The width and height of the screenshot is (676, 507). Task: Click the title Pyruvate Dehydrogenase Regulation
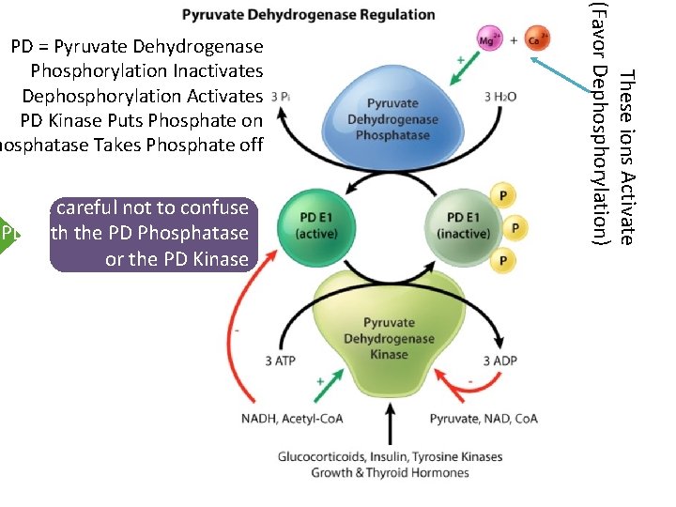[308, 14]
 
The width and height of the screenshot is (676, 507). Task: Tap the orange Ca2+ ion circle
[536, 38]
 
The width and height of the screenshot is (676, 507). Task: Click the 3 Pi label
[280, 97]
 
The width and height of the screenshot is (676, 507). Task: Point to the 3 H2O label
[500, 97]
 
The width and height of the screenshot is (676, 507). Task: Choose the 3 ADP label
[499, 361]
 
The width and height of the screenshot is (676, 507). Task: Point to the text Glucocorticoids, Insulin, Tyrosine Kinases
[390, 457]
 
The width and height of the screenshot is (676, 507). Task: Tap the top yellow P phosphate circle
[505, 195]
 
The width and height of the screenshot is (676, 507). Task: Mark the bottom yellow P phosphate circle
[505, 260]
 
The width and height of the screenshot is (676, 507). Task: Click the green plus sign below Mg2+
[460, 58]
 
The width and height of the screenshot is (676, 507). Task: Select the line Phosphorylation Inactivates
[146, 70]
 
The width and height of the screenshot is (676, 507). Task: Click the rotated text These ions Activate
[626, 155]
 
